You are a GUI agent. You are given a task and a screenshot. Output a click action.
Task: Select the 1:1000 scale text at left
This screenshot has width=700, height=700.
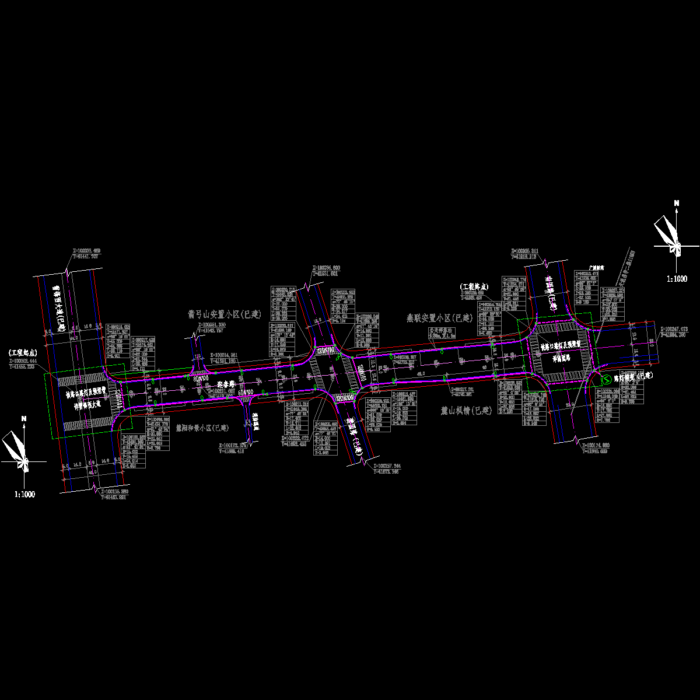pyautogui.click(x=24, y=494)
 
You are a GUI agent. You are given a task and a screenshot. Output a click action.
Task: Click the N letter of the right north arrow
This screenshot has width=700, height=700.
pyautogui.click(x=677, y=203)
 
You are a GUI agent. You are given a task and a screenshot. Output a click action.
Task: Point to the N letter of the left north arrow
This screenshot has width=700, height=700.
pyautogui.click(x=24, y=418)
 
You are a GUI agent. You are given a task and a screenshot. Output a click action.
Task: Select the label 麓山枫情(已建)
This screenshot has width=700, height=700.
pyautogui.click(x=467, y=411)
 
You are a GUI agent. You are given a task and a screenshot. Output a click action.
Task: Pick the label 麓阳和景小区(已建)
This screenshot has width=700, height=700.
pyautogui.click(x=202, y=427)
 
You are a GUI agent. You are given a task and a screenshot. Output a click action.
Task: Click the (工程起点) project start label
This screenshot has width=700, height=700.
pyautogui.click(x=23, y=353)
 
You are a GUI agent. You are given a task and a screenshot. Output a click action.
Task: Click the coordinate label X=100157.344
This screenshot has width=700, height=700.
pyautogui.click(x=389, y=466)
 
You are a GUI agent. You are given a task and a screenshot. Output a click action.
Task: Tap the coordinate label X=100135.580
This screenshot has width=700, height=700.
pyautogui.click(x=114, y=492)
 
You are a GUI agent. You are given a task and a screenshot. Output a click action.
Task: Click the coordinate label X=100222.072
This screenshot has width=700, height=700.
pyautogui.click(x=298, y=437)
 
